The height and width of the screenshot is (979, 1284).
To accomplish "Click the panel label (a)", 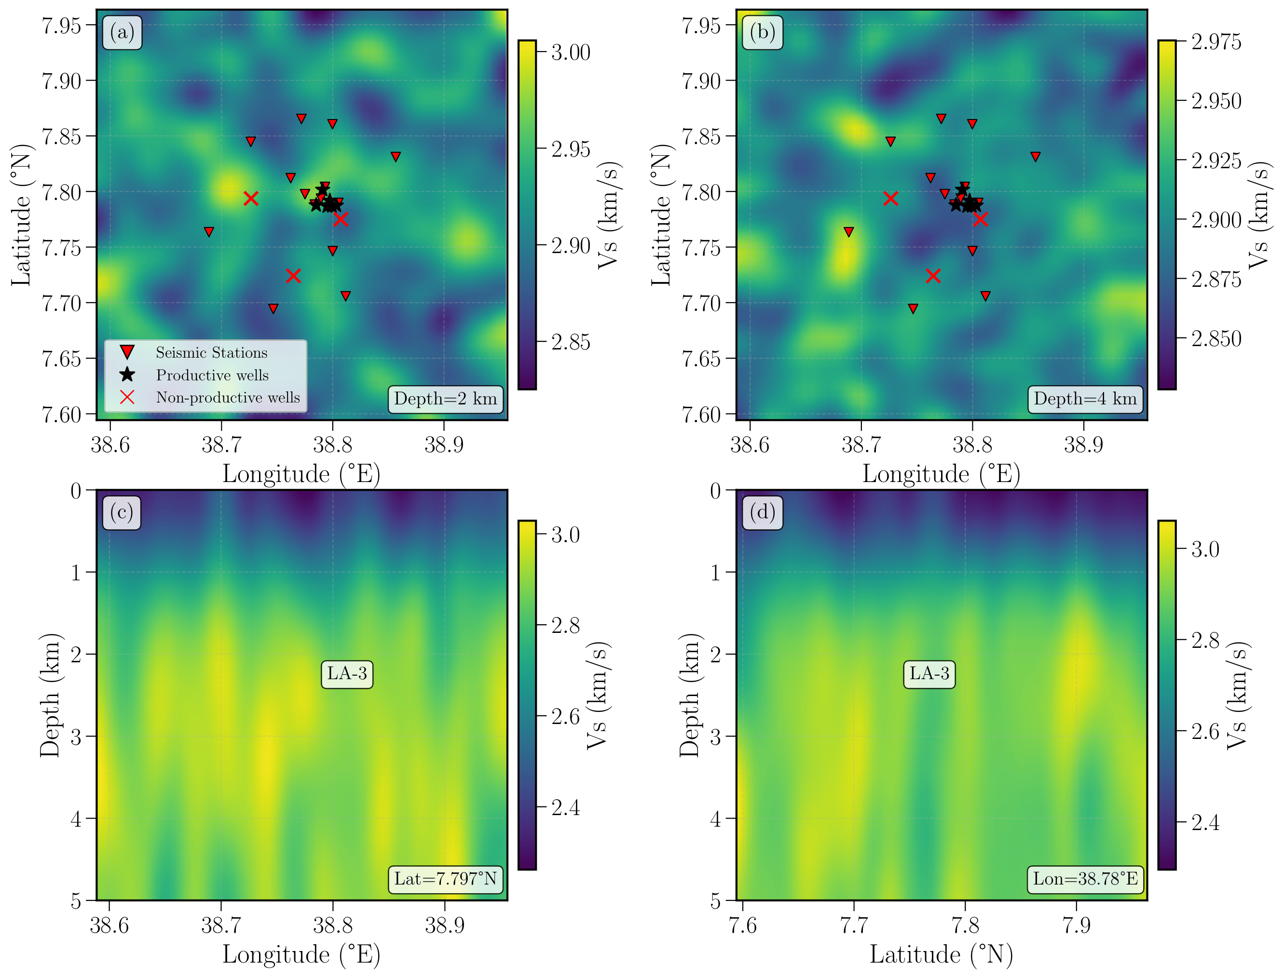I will (122, 33).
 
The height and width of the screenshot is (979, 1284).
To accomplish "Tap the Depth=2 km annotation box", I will (446, 399).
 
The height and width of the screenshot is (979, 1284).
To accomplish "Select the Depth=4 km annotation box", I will (1085, 399).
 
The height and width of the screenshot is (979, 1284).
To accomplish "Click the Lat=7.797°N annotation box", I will (446, 879).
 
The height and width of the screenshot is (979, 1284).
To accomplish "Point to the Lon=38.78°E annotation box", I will (1085, 879).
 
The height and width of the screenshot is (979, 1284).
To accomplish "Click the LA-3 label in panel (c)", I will (347, 674).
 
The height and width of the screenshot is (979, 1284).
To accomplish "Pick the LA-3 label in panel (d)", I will (929, 674).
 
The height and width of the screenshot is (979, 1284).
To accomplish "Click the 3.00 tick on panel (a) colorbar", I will (570, 53).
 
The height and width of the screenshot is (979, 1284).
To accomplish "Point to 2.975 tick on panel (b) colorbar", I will (1216, 42).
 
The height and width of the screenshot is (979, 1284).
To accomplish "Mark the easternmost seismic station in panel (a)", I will (396, 156).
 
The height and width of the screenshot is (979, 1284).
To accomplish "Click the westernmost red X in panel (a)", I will (251, 199).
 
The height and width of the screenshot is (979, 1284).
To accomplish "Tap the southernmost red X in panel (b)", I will (933, 276).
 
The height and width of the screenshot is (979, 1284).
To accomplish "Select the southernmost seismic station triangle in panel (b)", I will (913, 308).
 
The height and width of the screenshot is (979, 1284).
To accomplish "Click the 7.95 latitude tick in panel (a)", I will (61, 26).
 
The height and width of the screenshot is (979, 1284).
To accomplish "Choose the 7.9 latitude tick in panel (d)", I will (1077, 925).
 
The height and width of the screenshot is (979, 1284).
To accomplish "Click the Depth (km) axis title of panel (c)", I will (50, 695).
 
